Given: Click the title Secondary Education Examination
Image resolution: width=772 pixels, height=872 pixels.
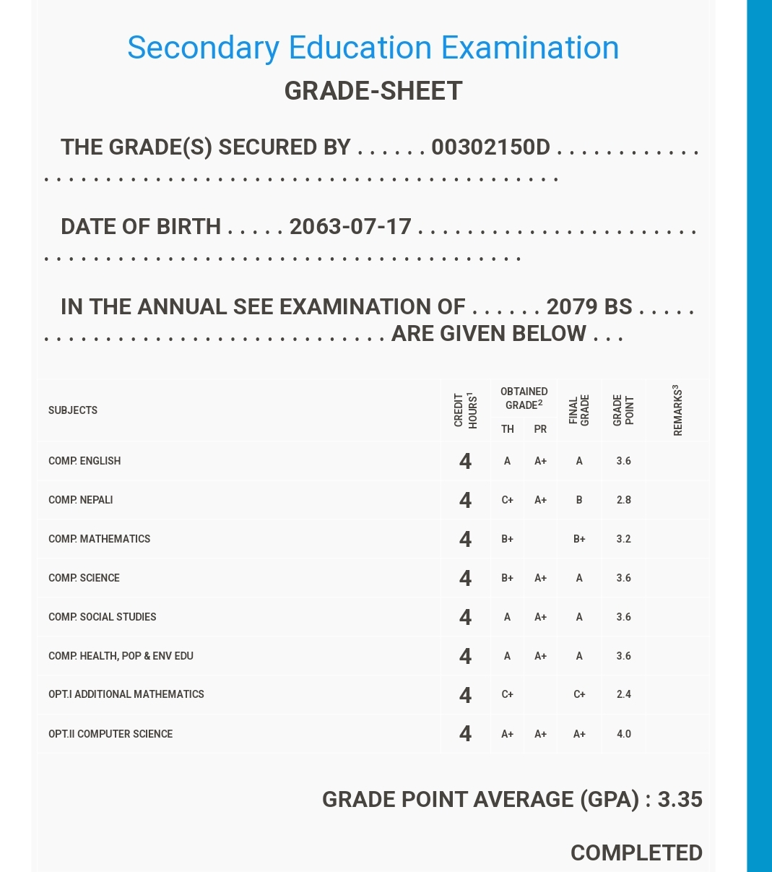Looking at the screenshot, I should pos(373,48).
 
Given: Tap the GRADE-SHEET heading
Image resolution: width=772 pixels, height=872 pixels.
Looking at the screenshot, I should pos(373,91).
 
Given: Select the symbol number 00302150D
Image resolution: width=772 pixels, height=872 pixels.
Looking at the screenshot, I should pos(490,147).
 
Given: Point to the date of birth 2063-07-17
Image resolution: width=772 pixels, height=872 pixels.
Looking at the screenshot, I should pos(350,227).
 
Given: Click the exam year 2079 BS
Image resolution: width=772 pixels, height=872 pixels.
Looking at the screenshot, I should pos(589,307).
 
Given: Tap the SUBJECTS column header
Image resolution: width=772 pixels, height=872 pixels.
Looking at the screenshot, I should pos(73,410).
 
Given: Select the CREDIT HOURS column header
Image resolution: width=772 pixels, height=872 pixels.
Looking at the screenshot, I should pos(466,410).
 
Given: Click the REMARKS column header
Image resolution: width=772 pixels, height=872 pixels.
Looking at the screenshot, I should pos(677,410).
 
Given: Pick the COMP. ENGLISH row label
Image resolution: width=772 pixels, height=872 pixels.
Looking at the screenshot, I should pos(84,461).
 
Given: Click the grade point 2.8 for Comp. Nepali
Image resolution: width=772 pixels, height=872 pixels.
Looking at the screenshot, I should pos(624,500).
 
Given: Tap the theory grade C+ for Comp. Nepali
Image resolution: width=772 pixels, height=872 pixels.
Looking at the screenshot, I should pos(507,500).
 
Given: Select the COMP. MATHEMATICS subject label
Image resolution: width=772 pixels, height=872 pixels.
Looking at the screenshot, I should pos(100,539).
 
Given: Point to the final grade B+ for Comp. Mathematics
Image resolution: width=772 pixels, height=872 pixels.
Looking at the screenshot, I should pos(579,539).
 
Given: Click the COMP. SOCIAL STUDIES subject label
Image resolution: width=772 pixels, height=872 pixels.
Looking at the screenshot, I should pos(103,617).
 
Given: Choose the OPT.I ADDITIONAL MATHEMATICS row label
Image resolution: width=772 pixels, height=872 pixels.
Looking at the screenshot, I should pos(126,694).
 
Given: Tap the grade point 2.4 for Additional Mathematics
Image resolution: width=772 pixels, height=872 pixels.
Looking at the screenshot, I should pos(624,694).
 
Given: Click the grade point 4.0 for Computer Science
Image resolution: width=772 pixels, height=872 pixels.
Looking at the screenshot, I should pos(624,734).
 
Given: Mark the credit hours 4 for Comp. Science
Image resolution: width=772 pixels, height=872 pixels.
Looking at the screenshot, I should pos(466,578).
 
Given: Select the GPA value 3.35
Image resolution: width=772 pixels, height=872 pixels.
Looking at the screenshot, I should pos(680,800).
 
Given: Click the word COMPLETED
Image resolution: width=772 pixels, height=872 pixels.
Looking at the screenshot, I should pos(636,853).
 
